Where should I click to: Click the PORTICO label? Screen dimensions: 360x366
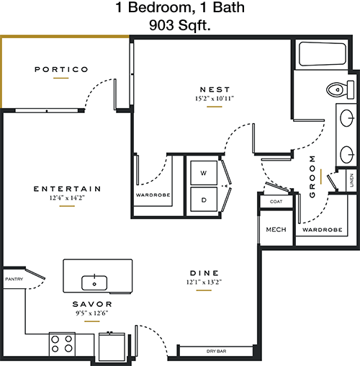[61, 69]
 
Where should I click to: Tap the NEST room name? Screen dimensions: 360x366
[215, 89]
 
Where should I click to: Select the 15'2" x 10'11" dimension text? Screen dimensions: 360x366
[215, 99]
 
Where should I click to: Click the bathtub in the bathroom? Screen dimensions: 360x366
[323, 54]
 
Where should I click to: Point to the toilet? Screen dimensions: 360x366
[340, 89]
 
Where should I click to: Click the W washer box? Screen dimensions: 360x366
[204, 173]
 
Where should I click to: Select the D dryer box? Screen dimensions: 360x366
[204, 200]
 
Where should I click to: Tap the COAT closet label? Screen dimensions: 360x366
[276, 202]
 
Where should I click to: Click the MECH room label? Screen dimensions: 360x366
[276, 230]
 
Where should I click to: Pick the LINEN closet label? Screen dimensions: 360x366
[351, 180]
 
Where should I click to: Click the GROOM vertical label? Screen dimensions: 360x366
[312, 177]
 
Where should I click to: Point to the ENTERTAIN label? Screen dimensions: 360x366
[67, 189]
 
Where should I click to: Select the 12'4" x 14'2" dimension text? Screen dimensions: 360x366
[67, 198]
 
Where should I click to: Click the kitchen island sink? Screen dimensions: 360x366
[94, 283]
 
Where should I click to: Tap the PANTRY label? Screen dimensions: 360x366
[14, 279]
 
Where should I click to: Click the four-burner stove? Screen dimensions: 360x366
[62, 344]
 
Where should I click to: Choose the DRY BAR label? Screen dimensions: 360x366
[216, 351]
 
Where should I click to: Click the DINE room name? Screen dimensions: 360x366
[204, 273]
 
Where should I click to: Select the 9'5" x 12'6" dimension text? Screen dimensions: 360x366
[92, 313]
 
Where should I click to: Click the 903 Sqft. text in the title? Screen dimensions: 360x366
[180, 25]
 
